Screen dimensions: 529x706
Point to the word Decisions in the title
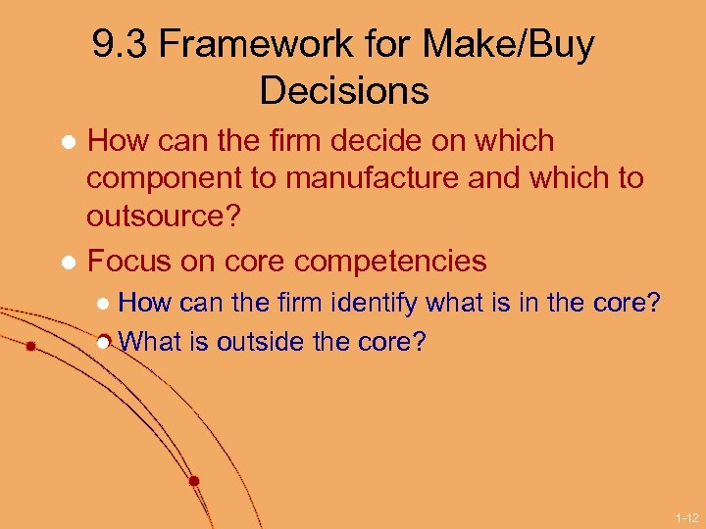pyautogui.click(x=344, y=91)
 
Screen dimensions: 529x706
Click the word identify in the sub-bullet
pyautogui.click(x=373, y=304)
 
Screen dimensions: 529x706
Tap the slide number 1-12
pyautogui.click(x=685, y=516)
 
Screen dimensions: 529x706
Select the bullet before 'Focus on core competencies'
pyautogui.click(x=69, y=263)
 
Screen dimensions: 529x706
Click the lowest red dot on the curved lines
pyautogui.click(x=194, y=481)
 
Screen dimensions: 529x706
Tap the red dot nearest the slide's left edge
pyautogui.click(x=31, y=347)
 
